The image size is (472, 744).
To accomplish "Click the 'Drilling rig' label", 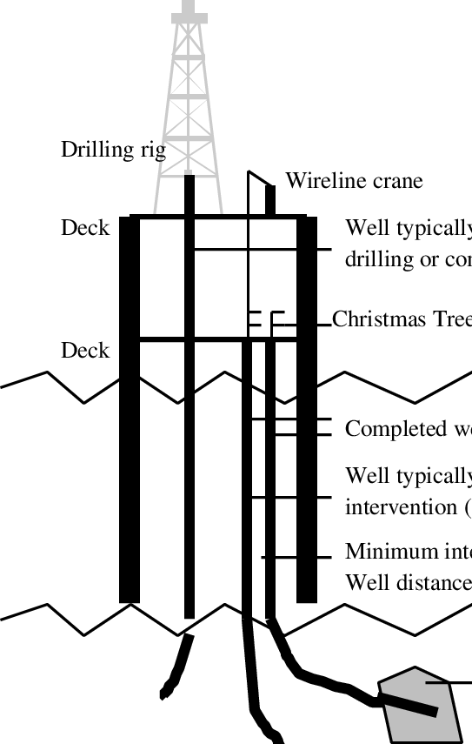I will pos(112,150).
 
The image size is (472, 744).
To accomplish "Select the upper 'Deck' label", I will pos(85,228).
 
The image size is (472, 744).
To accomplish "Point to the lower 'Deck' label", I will pos(85,350).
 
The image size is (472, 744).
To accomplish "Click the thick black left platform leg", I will pos(130,409).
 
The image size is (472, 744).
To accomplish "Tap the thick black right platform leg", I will pos(307,409).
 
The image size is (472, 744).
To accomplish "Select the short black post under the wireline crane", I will pos(270,200).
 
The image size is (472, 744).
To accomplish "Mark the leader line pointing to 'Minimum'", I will pos(296,556).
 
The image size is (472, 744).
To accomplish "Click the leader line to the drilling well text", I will pos(261,250).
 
